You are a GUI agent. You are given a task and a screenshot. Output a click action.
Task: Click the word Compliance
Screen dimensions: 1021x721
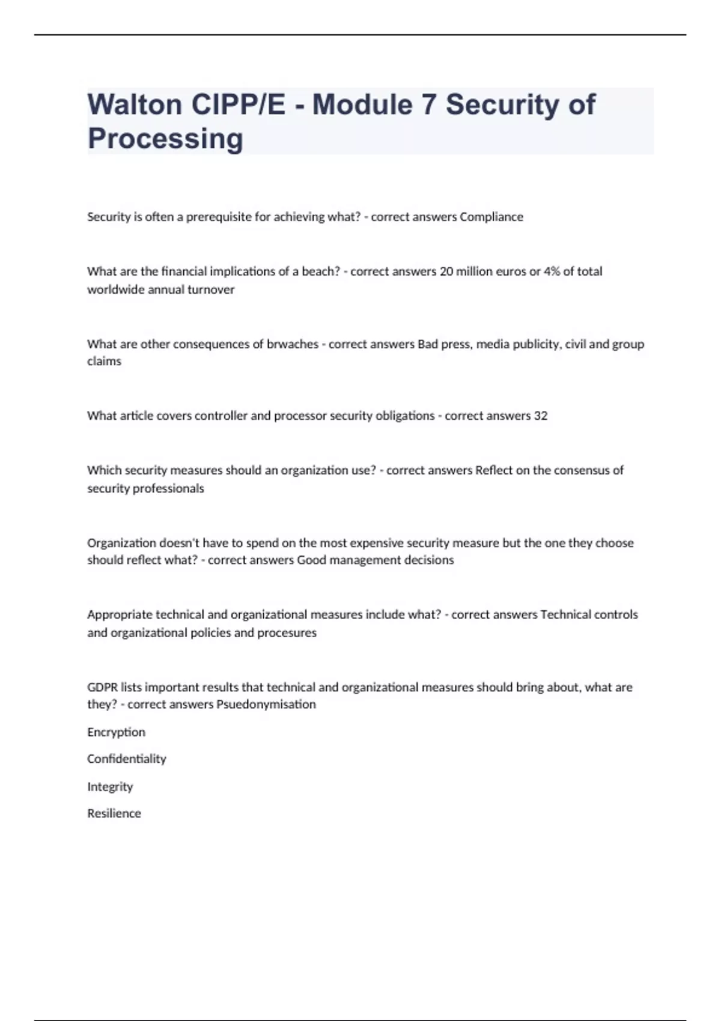coord(491,217)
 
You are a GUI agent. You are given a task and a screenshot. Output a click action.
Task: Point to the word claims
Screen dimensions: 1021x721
coord(104,361)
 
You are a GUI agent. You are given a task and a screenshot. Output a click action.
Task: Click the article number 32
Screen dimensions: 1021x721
coord(540,416)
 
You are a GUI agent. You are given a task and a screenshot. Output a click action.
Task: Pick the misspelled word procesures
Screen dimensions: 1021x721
coord(287,632)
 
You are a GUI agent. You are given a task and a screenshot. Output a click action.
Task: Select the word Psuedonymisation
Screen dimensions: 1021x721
coord(266,704)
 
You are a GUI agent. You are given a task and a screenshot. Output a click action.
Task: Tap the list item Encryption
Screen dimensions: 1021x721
coord(116,732)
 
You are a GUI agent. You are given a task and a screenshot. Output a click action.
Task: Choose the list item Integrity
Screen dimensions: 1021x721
coord(110,786)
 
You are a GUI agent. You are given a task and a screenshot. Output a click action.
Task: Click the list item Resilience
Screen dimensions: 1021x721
coord(114,813)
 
